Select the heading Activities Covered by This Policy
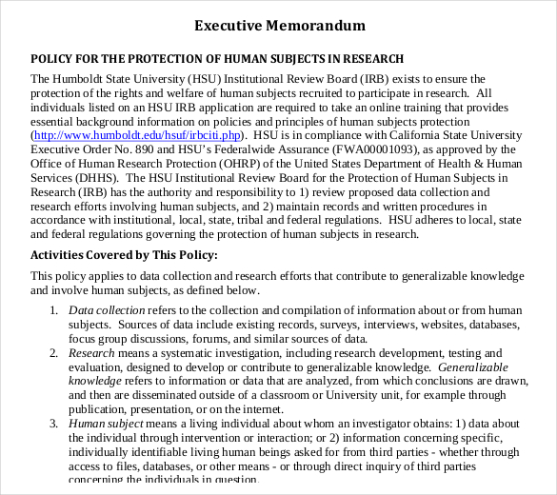(125, 255)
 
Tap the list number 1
(53, 310)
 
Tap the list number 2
(53, 352)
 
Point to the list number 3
(53, 423)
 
